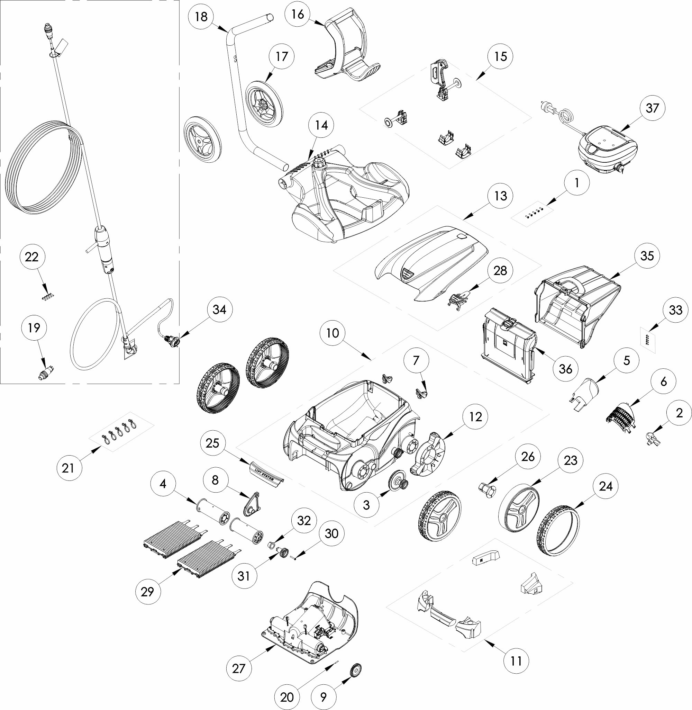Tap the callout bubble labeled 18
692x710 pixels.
(201, 17)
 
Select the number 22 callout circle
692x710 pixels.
(31, 257)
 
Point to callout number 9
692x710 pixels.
(323, 696)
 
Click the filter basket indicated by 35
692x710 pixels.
(578, 307)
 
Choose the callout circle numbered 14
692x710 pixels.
(321, 125)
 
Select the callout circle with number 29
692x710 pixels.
(147, 592)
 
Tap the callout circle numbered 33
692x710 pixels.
(675, 310)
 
